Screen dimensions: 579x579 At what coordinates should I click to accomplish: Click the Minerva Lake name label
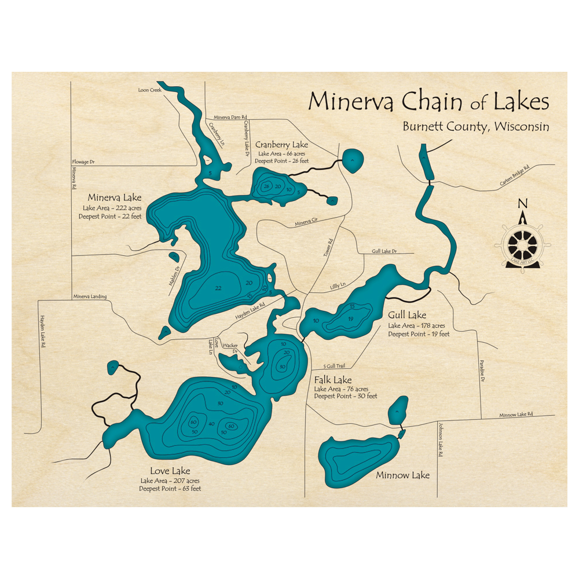pyautogui.click(x=112, y=197)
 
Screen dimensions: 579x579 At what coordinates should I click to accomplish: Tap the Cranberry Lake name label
pyautogui.click(x=282, y=144)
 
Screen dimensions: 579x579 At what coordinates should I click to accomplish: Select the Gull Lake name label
pyautogui.click(x=408, y=315)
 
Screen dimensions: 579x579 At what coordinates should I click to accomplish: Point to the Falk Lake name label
pyautogui.click(x=333, y=380)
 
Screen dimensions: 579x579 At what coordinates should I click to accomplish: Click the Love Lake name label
pyautogui.click(x=170, y=471)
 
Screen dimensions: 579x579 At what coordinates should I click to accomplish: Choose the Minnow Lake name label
pyautogui.click(x=403, y=475)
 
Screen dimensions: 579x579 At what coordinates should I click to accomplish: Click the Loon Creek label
pyautogui.click(x=148, y=90)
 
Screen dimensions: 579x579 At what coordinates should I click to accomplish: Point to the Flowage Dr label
pyautogui.click(x=82, y=162)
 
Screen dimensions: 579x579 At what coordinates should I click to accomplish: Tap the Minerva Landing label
pyautogui.click(x=90, y=297)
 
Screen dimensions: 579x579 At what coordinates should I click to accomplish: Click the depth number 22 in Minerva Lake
pyautogui.click(x=218, y=288)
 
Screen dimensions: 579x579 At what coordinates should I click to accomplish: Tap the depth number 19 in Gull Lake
pyautogui.click(x=350, y=318)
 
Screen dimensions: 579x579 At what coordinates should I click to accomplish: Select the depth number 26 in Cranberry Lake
pyautogui.click(x=266, y=186)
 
